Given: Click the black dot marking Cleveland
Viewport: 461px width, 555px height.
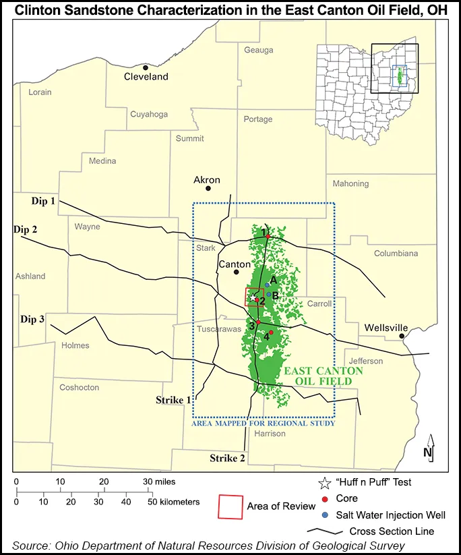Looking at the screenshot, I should (x=146, y=67).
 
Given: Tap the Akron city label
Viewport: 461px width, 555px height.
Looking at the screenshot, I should (x=206, y=180).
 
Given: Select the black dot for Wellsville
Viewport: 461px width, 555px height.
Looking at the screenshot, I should (x=402, y=336).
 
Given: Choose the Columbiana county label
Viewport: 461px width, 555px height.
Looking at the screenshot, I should (x=396, y=253).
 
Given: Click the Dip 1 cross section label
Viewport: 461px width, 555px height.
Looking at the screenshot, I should (x=43, y=201).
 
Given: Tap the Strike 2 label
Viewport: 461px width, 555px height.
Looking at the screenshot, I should (x=228, y=458).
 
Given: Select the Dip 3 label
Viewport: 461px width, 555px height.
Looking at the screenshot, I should (x=32, y=319).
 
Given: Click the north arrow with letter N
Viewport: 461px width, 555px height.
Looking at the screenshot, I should (x=429, y=448).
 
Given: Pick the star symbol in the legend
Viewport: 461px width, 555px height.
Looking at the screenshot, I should (x=325, y=482).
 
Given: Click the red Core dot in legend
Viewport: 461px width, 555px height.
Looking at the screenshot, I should (x=325, y=498).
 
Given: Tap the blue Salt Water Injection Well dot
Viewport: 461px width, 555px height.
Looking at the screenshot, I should (x=325, y=515).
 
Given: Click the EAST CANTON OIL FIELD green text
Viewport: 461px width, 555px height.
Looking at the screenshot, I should (x=323, y=376).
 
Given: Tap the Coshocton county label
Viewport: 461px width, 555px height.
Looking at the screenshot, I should (x=79, y=388).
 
